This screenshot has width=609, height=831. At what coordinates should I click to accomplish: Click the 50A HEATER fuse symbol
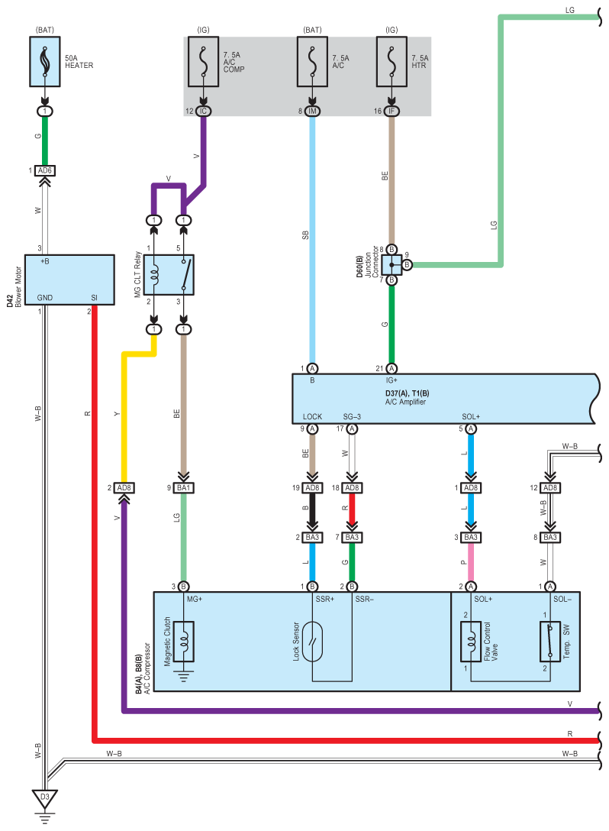coord(45,62)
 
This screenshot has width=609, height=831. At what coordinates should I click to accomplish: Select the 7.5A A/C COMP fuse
coord(203,62)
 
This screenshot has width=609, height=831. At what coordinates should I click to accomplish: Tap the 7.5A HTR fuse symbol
coord(391,62)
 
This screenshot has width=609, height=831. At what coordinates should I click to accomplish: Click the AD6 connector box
coord(45,170)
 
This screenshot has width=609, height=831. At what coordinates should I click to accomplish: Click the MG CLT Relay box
coord(169,275)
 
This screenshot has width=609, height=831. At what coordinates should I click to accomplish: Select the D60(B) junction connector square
coord(391,264)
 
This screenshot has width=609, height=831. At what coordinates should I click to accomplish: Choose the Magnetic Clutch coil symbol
coord(183,641)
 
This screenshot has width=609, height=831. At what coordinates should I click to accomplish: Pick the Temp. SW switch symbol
coord(550,641)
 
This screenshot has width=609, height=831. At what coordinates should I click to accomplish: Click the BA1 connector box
coord(183,488)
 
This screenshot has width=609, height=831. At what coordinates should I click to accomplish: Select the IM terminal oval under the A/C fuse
coord(312,112)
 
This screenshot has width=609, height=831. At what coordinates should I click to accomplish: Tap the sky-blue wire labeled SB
coord(312,237)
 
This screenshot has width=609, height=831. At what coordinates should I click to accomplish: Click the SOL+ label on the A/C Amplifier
coord(471,417)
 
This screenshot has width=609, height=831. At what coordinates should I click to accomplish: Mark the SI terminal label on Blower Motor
coord(94,298)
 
